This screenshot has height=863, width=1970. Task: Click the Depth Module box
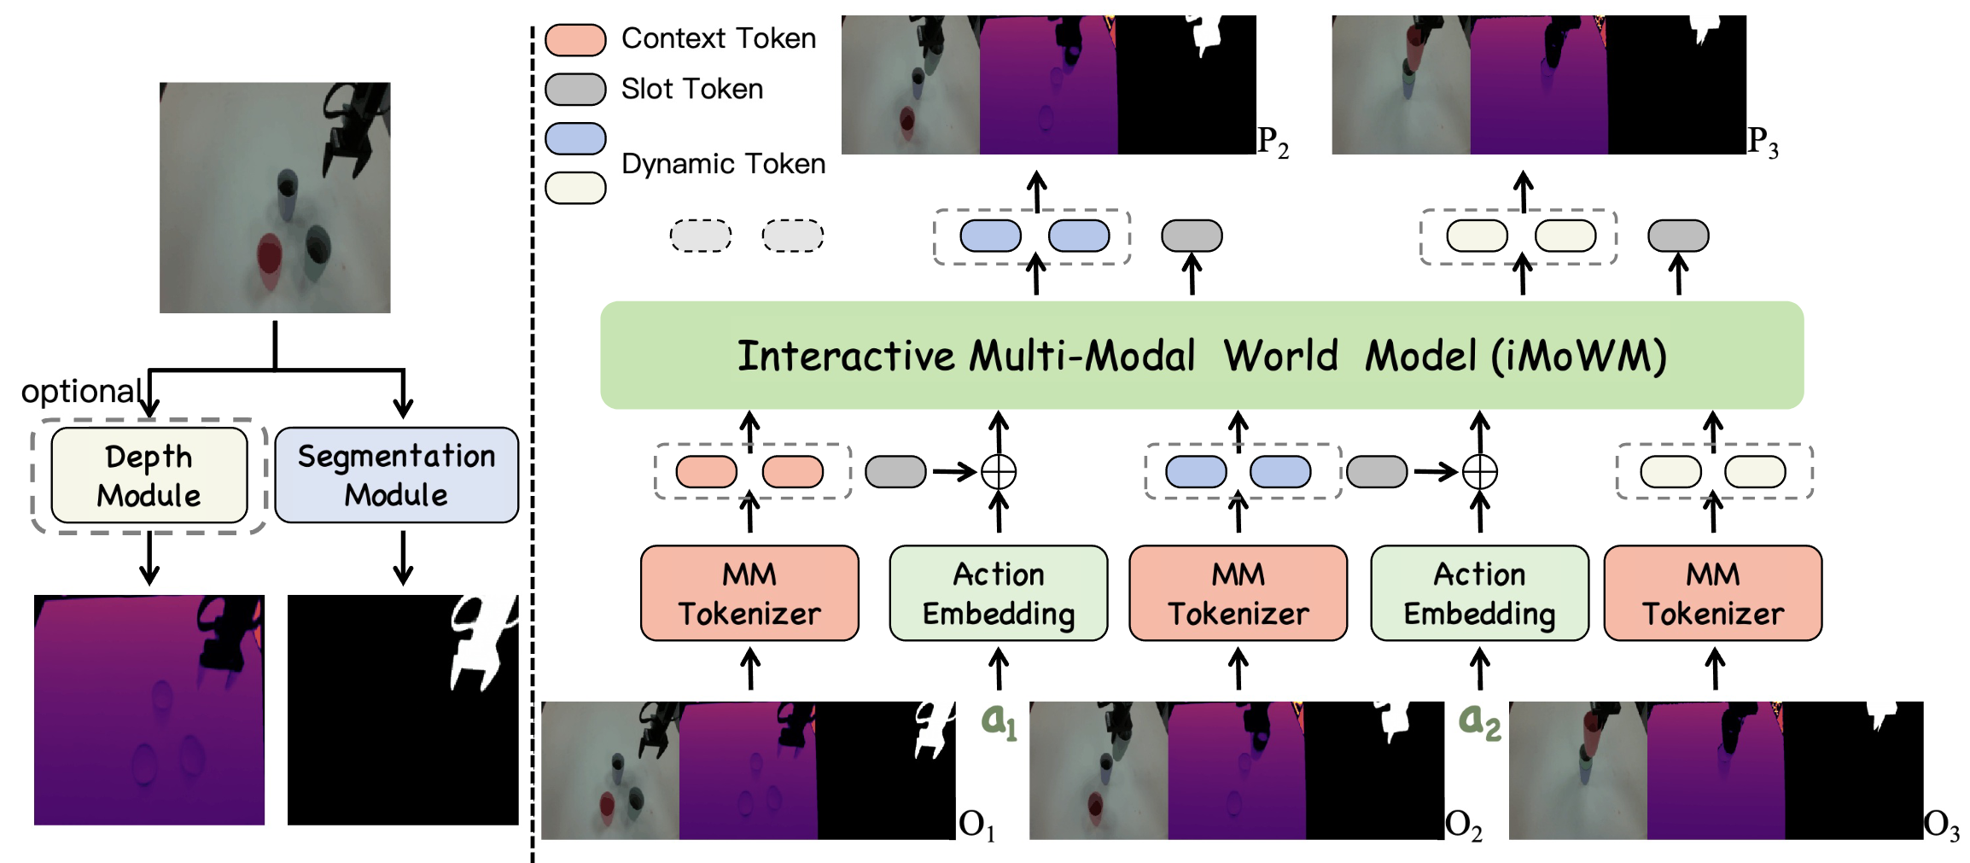click(x=149, y=475)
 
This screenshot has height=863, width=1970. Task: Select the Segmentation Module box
click(x=396, y=475)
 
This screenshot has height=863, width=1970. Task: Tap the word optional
click(x=82, y=392)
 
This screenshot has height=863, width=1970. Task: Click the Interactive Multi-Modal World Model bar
click(x=1201, y=356)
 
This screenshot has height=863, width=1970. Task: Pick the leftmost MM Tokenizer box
click(x=749, y=593)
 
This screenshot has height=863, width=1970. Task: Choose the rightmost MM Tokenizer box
click(x=1712, y=593)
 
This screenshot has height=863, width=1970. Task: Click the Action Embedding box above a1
click(x=998, y=593)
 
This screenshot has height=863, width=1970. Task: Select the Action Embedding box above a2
click(x=1479, y=593)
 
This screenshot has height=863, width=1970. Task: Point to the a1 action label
click(x=999, y=721)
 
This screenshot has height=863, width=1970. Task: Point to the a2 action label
click(x=1479, y=721)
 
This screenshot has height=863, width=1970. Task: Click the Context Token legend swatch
click(x=575, y=40)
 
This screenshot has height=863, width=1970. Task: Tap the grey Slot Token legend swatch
click(x=575, y=90)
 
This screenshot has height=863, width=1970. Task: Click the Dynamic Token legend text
click(x=723, y=164)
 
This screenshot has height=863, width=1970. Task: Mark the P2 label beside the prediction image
click(x=1273, y=142)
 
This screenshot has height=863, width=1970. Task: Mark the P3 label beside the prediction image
click(x=1763, y=142)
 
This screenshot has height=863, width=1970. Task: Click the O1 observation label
click(x=976, y=825)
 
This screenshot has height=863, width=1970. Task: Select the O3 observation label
click(x=1941, y=825)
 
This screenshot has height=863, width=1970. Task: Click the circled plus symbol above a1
click(x=999, y=471)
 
